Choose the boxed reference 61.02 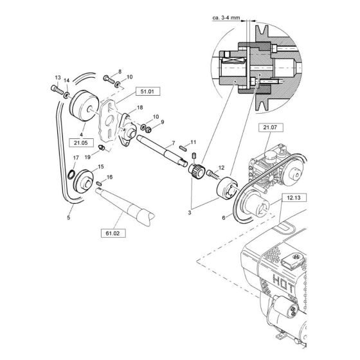[x=112, y=233]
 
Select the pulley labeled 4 [x=83, y=105]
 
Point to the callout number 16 [x=109, y=177]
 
